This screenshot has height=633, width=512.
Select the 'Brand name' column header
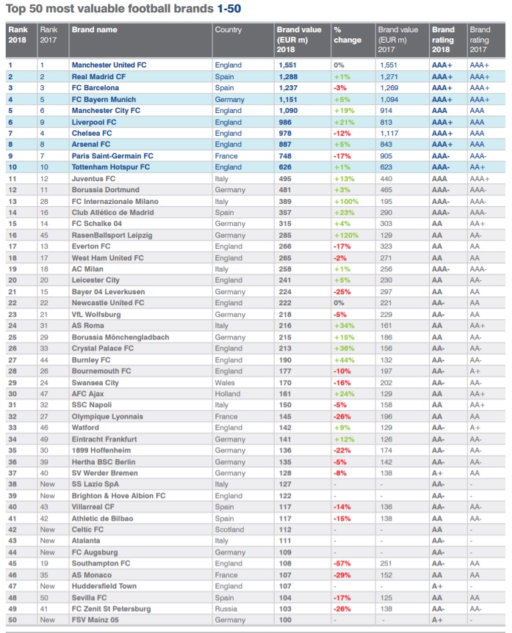93,30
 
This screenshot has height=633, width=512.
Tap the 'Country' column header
228,30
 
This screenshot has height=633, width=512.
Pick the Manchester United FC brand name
109,65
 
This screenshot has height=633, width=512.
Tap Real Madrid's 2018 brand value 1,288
286,76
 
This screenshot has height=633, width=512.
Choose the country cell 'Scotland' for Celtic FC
229,530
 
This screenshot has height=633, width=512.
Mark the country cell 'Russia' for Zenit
226,609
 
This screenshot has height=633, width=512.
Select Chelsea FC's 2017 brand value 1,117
390,133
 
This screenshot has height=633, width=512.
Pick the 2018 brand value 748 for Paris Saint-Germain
284,155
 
